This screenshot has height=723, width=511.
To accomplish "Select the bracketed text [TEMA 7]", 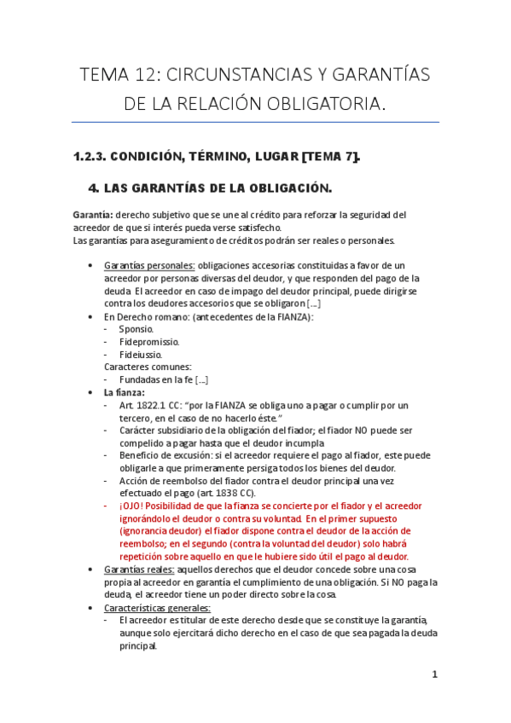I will point(330,155).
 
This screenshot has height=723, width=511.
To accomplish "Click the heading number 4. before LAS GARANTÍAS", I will point(94,188).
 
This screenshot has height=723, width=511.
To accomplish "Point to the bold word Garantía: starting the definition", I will point(94,215).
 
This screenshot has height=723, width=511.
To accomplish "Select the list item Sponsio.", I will point(136,329).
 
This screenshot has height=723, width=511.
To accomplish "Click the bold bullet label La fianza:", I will point(125,392).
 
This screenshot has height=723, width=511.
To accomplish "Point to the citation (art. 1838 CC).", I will point(231,493).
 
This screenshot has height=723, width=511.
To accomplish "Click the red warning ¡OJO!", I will point(134,506).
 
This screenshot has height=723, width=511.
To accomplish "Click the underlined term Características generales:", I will point(156,607).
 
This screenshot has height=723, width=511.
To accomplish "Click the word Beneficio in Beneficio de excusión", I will point(140,455).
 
